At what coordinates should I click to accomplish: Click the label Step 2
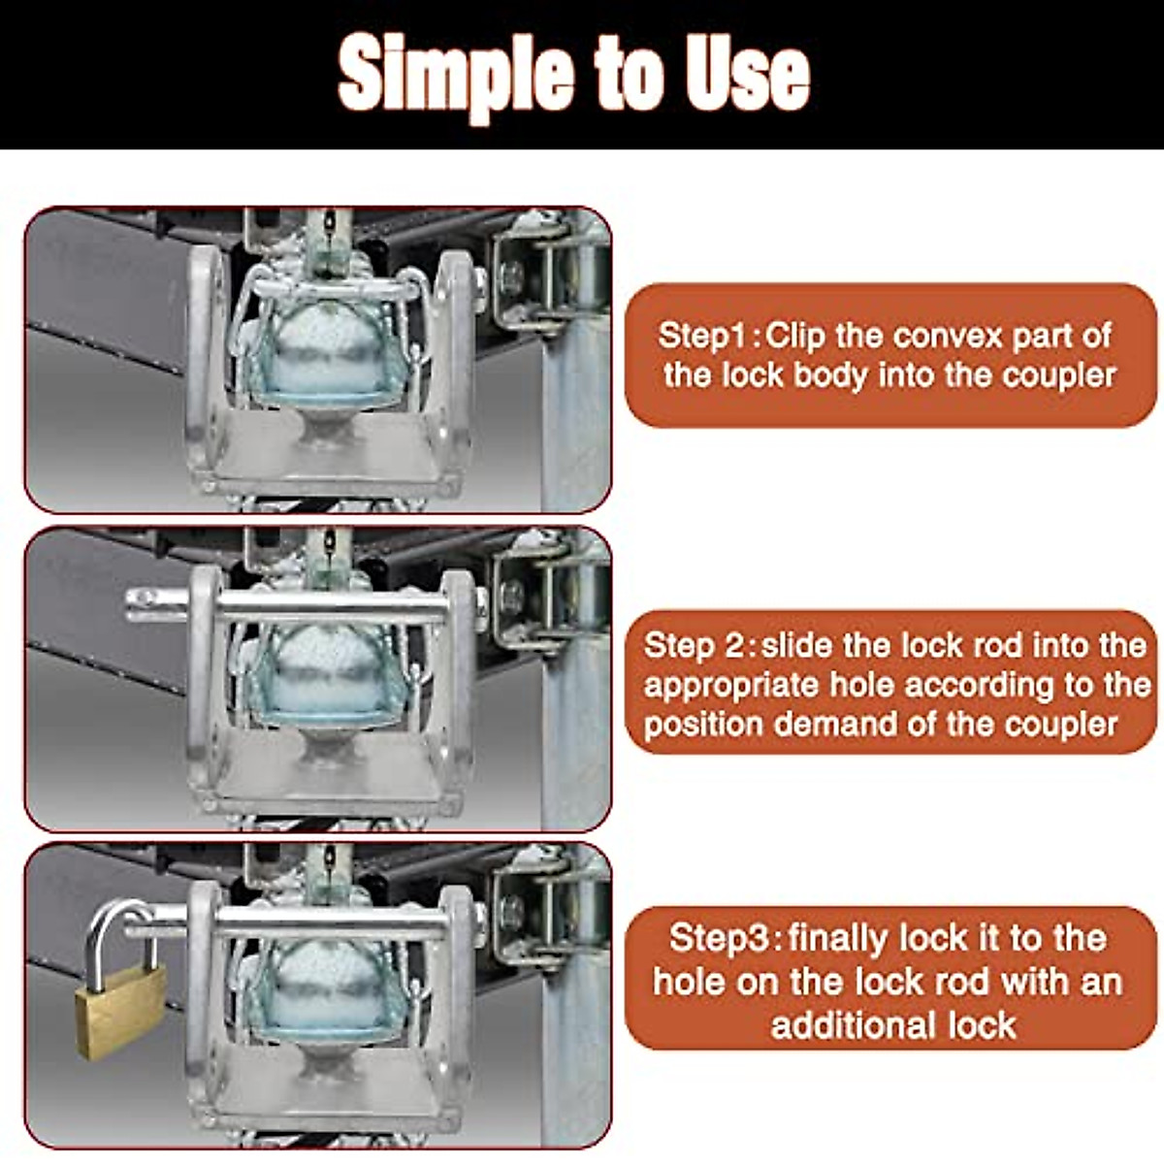696,645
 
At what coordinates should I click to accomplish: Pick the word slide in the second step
797,645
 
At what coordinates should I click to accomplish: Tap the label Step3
720,938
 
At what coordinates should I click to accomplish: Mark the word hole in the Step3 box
691,981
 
